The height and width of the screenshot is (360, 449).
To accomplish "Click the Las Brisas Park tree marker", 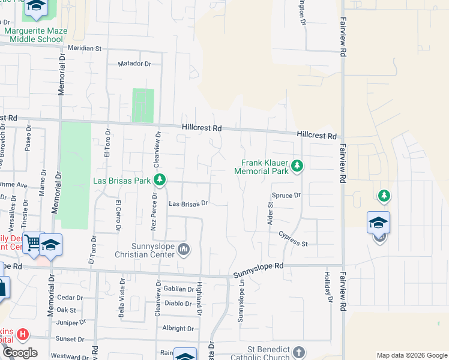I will pyautogui.click(x=160, y=179).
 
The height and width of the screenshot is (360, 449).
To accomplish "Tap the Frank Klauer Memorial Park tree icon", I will pyautogui.click(x=297, y=166).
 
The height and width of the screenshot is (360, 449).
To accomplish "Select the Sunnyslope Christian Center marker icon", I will pyautogui.click(x=184, y=249).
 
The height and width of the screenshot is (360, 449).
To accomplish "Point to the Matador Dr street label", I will pyautogui.click(x=134, y=63).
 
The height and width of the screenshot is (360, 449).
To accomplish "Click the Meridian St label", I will pyautogui.click(x=85, y=47).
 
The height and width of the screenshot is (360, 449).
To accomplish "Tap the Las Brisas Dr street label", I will pyautogui.click(x=188, y=203).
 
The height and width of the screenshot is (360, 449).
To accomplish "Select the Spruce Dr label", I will pyautogui.click(x=286, y=196).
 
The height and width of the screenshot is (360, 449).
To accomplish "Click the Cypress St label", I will pyautogui.click(x=293, y=244).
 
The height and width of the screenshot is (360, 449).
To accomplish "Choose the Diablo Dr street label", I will pyautogui.click(x=178, y=303).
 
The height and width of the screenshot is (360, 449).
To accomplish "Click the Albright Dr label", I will pyautogui.click(x=178, y=328).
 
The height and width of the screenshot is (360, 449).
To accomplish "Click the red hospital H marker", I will pyautogui.click(x=22, y=334).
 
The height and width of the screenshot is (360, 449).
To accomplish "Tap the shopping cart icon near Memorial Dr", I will pyautogui.click(x=33, y=242).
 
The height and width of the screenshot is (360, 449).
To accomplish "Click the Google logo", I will pyautogui.click(x=20, y=353).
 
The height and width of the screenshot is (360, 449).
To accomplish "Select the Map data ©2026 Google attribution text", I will pyautogui.click(x=411, y=355).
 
